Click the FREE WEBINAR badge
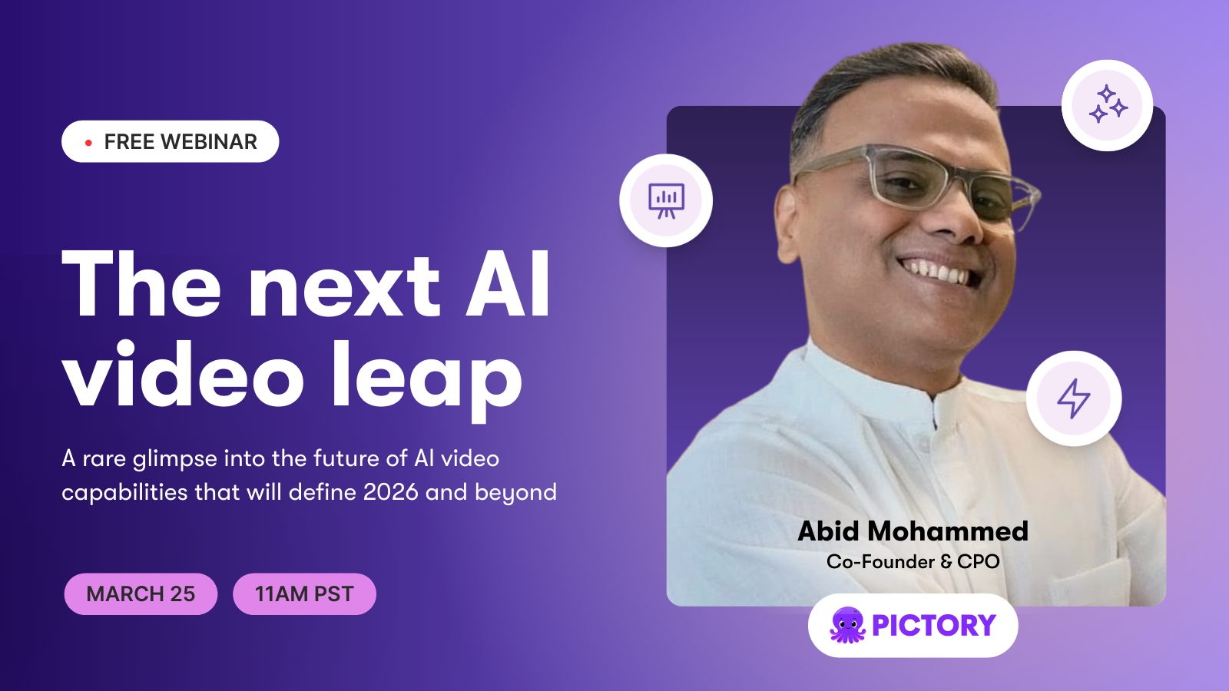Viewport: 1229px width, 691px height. [170, 141]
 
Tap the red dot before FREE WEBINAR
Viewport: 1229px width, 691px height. [88, 143]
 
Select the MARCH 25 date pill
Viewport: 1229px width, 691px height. [141, 594]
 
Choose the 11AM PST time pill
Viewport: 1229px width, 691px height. [304, 594]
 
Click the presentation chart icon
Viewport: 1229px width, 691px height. [666, 201]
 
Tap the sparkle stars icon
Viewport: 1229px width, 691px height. [1107, 104]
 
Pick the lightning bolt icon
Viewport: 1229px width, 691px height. [1074, 398]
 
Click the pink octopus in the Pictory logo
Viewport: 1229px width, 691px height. [847, 625]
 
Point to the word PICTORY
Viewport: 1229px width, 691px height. [933, 625]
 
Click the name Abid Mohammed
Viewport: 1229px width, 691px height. [913, 531]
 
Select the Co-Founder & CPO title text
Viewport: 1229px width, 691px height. [913, 561]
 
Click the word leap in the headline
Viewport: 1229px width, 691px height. [426, 375]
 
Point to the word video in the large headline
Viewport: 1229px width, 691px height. [183, 373]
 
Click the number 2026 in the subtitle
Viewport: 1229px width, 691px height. [391, 492]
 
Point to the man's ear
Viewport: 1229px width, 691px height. [788, 225]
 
